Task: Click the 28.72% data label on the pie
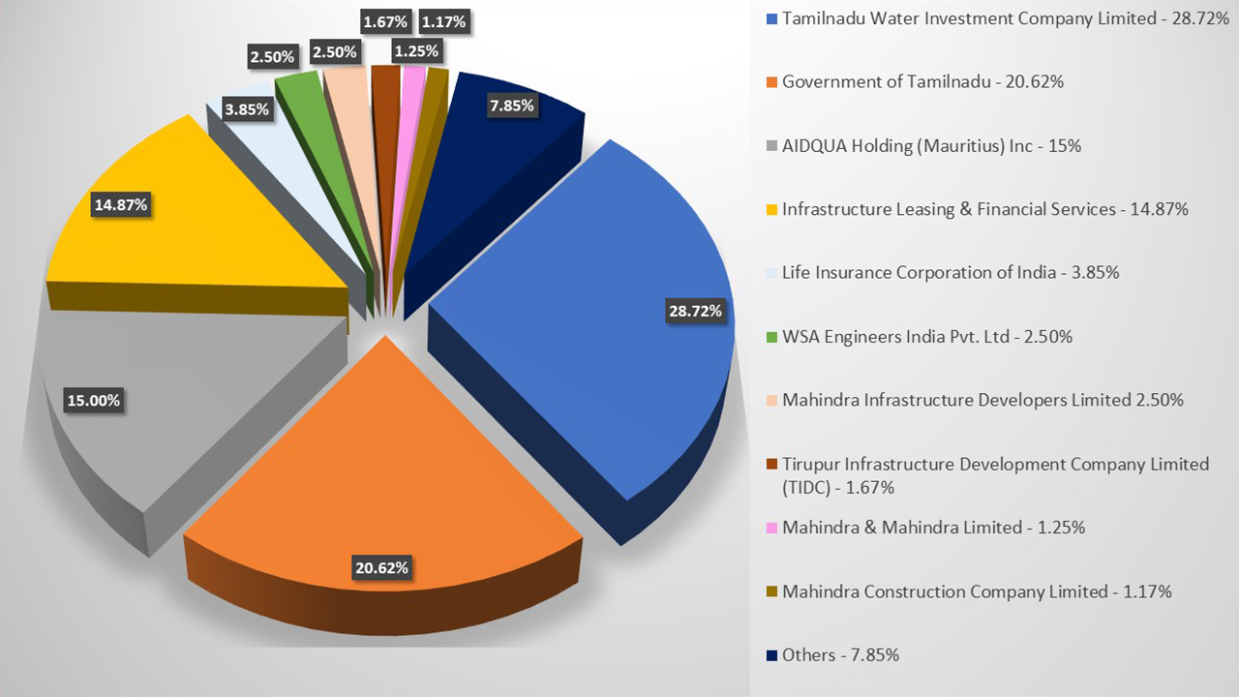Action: click(x=695, y=311)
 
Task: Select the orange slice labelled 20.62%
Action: click(x=387, y=465)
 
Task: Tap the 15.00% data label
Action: click(x=93, y=400)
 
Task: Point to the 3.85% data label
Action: click(x=246, y=109)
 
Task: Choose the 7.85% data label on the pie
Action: click(x=511, y=106)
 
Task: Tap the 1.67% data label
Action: click(x=386, y=20)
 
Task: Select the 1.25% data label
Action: click(x=416, y=50)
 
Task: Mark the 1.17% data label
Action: click(x=444, y=20)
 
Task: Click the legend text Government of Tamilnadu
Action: click(x=922, y=82)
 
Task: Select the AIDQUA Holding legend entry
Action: click(x=931, y=146)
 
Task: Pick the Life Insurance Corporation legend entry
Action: click(x=950, y=273)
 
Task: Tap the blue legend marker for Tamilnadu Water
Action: click(x=771, y=18)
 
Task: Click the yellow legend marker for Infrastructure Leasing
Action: click(x=771, y=209)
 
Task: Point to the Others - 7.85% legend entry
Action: click(x=840, y=655)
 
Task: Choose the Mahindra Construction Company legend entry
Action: click(x=976, y=591)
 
